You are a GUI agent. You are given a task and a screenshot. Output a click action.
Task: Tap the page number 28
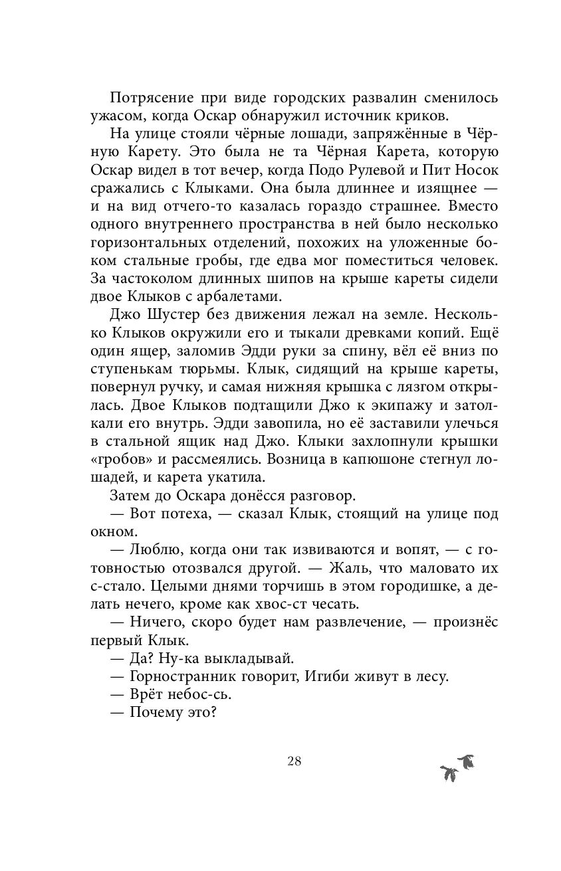click(x=294, y=761)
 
